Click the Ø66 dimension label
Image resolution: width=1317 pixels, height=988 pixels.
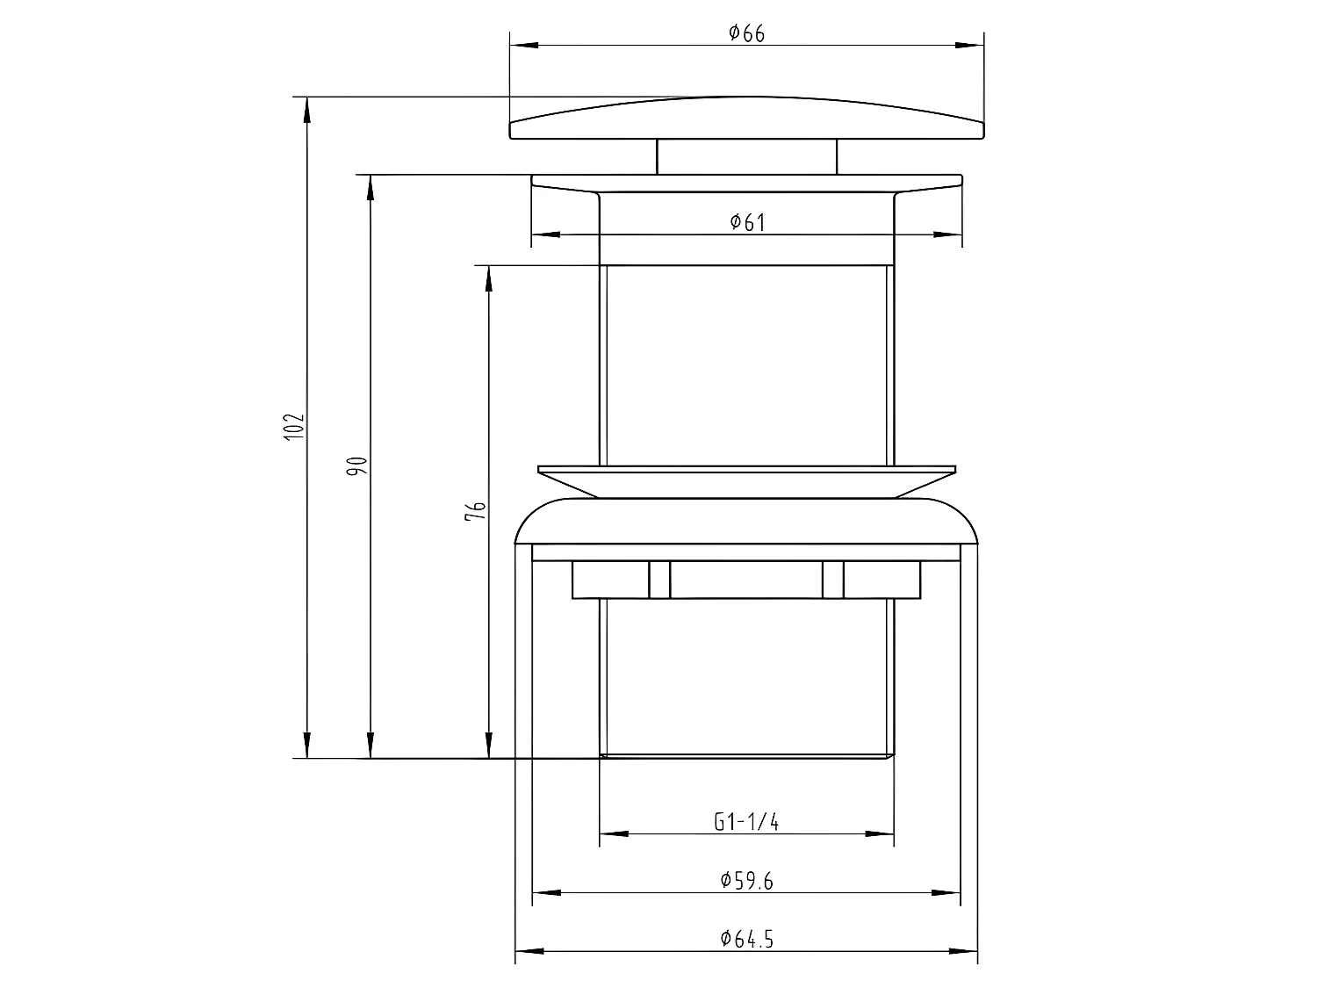(746, 33)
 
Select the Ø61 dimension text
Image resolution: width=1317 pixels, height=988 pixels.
(747, 222)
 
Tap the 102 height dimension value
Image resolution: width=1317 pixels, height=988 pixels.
(295, 426)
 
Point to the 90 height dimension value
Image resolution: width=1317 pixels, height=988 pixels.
(358, 466)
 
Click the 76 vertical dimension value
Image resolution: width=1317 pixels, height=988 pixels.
(476, 512)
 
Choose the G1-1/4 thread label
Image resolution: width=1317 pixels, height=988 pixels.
(746, 822)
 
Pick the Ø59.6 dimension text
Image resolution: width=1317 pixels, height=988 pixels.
(746, 881)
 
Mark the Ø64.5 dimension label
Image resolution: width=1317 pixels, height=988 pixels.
(746, 939)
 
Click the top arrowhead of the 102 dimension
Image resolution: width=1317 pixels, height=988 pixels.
(306, 109)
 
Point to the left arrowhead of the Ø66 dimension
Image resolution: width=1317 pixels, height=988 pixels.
(523, 45)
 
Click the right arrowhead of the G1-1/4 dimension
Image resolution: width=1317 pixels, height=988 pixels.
(881, 833)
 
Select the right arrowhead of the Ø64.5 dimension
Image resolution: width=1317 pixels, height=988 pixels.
(964, 951)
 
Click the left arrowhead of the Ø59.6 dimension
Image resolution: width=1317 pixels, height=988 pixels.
(546, 893)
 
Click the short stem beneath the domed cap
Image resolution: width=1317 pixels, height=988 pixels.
(746, 156)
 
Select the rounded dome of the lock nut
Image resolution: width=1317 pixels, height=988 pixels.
(746, 522)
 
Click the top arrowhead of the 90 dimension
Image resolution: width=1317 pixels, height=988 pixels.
(371, 188)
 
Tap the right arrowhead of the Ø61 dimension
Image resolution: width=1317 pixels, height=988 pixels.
(948, 234)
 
